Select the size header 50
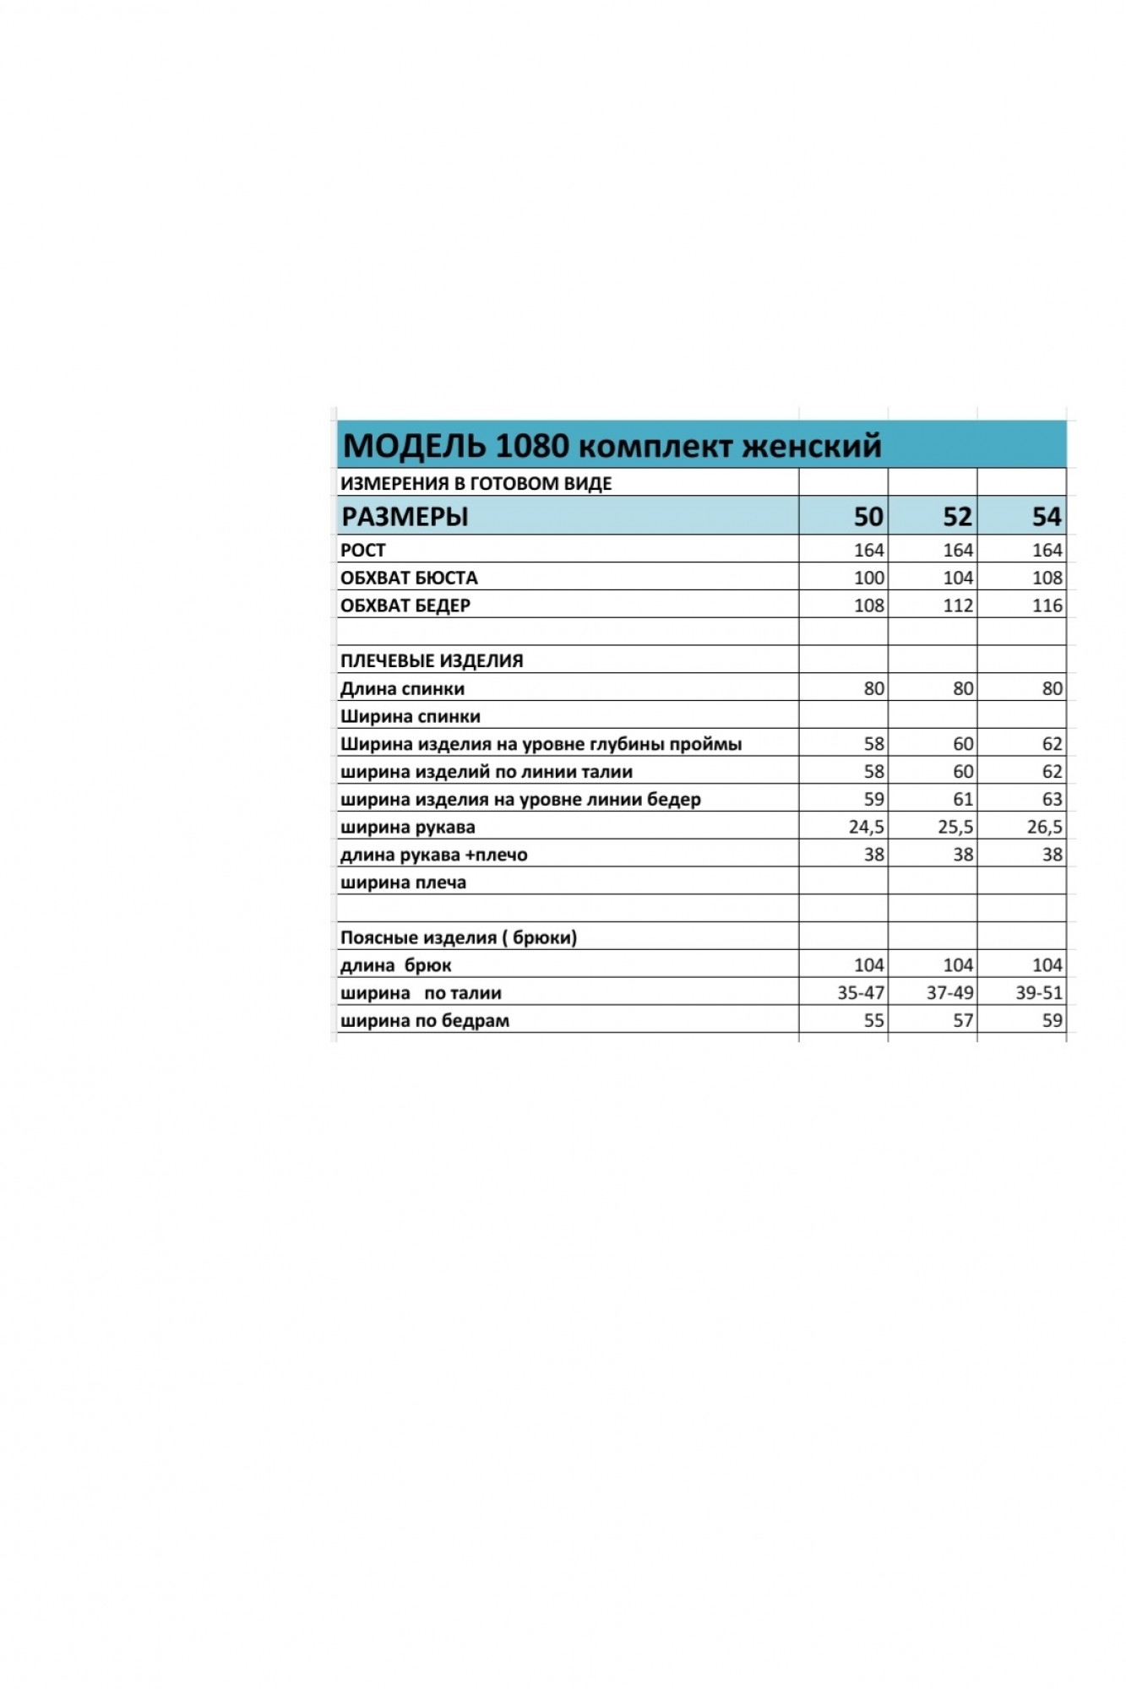click(868, 516)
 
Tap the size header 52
click(958, 516)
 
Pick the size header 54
click(1047, 516)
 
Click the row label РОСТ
click(363, 551)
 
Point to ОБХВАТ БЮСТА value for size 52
click(958, 578)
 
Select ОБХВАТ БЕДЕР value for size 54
click(1047, 606)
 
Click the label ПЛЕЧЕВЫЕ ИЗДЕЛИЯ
click(432, 661)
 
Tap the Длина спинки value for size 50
click(874, 689)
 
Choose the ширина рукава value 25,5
click(955, 828)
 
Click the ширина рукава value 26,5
click(1045, 828)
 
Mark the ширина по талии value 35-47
click(861, 993)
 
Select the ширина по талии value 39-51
click(1039, 993)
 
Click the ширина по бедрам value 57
click(963, 1021)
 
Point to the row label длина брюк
click(396, 965)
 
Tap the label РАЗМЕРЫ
click(405, 516)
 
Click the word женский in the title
click(812, 446)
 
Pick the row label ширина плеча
click(403, 883)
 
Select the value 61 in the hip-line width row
click(963, 800)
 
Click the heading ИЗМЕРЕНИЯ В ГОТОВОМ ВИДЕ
click(476, 484)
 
